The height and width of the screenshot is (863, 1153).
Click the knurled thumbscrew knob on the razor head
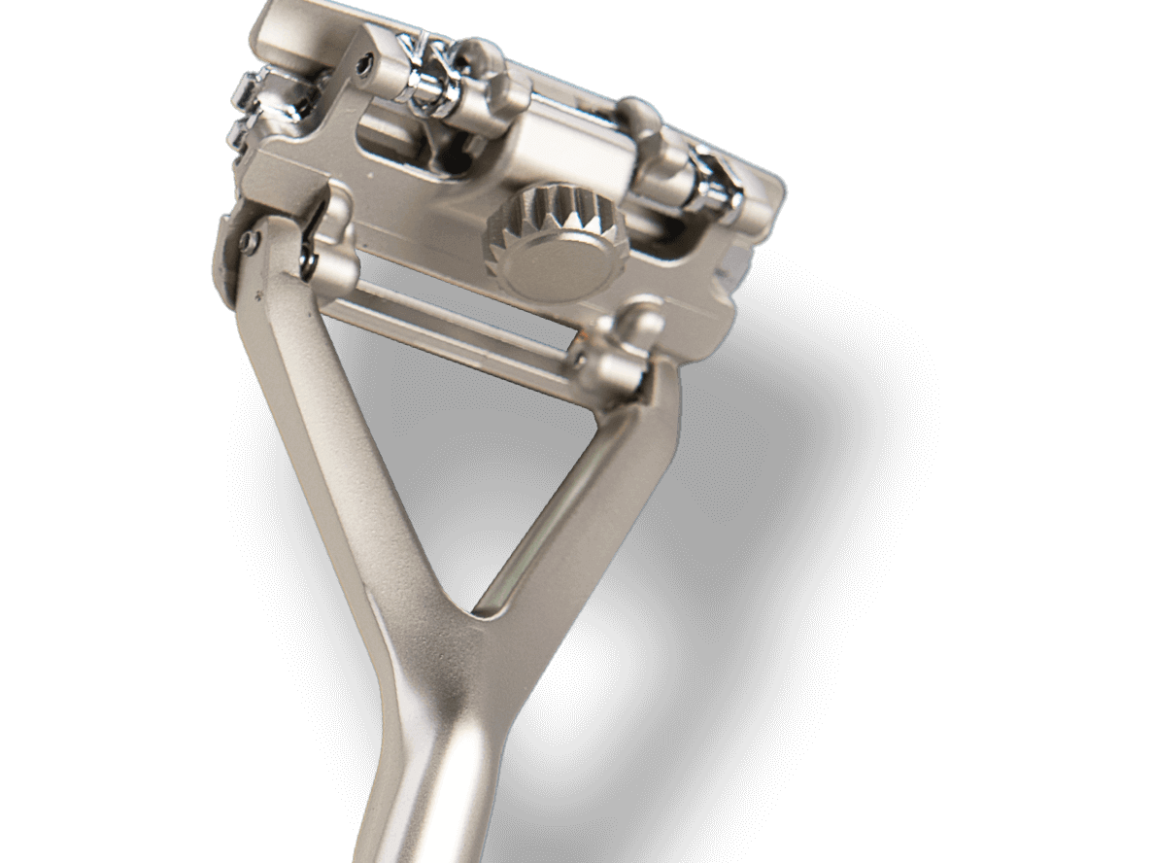(x=542, y=245)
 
